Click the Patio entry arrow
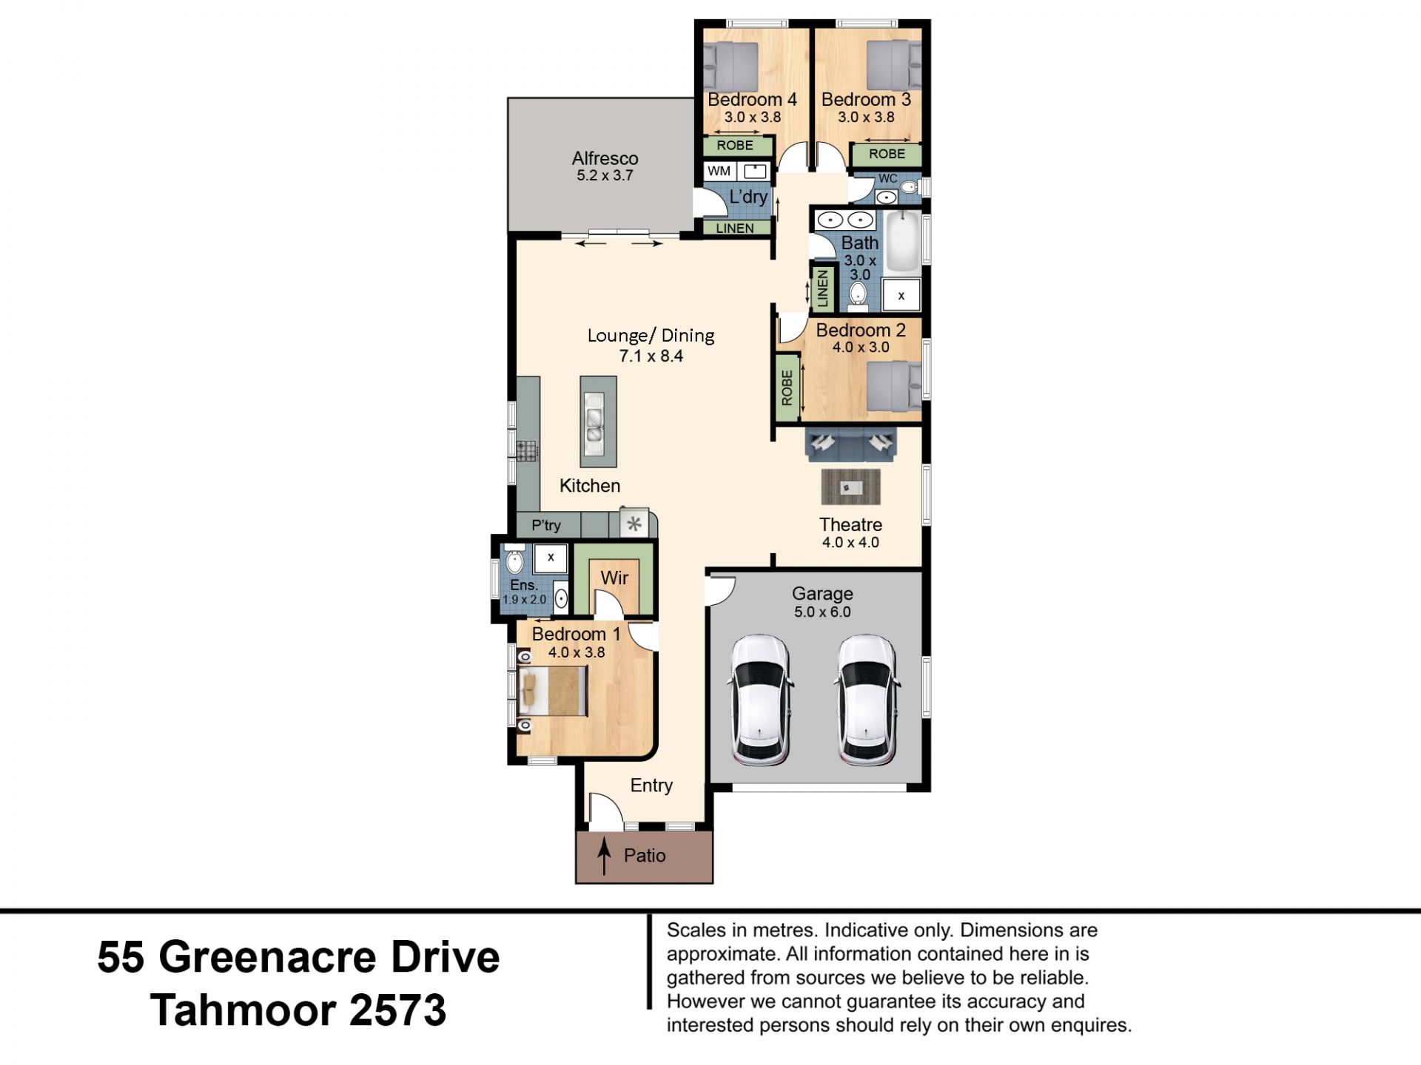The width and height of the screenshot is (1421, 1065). pos(605,856)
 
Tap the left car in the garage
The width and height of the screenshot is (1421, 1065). pos(760,700)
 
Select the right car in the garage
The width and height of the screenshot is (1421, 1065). pos(866,700)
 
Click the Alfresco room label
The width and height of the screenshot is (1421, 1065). pos(605,158)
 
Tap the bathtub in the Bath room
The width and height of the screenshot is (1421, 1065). pos(903,242)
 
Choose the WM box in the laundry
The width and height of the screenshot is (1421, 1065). pos(719,171)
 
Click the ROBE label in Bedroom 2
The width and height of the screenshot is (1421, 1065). pos(787,388)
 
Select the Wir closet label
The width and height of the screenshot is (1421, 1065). pos(614,578)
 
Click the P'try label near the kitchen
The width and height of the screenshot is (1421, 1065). pos(546,525)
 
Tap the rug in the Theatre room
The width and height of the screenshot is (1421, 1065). pos(851,487)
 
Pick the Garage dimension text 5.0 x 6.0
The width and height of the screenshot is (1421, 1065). pos(822,612)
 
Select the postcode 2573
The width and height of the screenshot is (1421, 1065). pos(398,1010)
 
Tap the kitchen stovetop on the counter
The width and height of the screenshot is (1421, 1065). pos(527,450)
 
